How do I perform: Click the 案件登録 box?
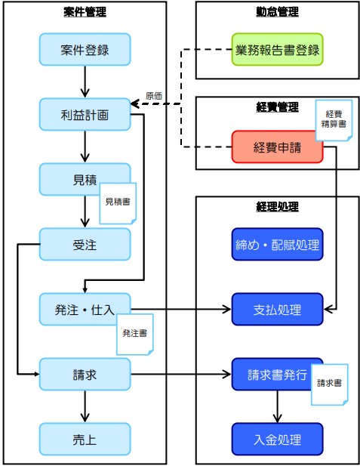[x=85, y=51]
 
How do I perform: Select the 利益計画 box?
[x=85, y=115]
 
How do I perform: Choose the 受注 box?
[x=85, y=244]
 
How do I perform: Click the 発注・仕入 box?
[x=85, y=309]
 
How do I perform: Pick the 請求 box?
[x=85, y=374]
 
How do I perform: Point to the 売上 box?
[x=85, y=438]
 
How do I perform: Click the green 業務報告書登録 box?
[x=277, y=51]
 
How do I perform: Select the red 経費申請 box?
[x=277, y=147]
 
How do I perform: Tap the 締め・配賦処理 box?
[x=277, y=244]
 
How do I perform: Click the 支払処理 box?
[x=277, y=309]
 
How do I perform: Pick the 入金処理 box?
[x=277, y=438]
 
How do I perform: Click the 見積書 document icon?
[x=118, y=202]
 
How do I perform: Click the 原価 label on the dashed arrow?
[x=154, y=96]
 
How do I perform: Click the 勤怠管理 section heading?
[x=277, y=11]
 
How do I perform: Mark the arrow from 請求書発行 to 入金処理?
[x=277, y=407]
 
